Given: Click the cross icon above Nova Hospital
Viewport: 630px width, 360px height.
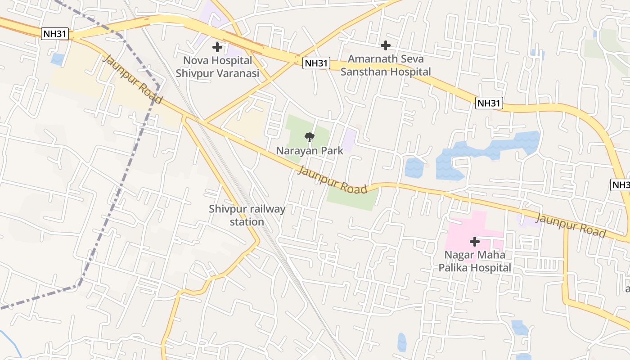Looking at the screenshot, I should (217, 47).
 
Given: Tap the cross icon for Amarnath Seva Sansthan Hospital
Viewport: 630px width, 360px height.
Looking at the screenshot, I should (385, 45).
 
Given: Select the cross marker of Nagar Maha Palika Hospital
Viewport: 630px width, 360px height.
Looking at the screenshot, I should (475, 242).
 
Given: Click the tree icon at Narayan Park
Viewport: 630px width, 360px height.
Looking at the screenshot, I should (309, 137).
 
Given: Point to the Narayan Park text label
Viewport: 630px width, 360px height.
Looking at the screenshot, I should (309, 151).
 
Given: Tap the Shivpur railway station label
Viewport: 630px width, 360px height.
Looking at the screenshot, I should (247, 215).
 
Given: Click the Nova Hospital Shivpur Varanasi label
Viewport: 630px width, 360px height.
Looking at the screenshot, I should (217, 67).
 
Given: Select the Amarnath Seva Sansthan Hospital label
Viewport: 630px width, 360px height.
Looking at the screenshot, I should (385, 65).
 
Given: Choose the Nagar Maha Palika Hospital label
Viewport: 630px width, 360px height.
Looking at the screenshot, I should (475, 261).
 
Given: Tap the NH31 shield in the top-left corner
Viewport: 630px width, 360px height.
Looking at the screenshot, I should (55, 34).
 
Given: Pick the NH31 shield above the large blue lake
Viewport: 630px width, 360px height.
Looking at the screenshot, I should (489, 103).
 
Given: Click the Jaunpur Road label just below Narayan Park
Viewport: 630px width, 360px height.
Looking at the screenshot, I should (332, 180).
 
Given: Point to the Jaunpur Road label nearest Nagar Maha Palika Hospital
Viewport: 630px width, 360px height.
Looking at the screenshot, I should (571, 225).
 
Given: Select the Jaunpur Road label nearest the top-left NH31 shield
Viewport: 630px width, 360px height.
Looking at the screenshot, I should (132, 79).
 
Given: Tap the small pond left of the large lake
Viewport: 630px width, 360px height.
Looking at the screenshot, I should (414, 168).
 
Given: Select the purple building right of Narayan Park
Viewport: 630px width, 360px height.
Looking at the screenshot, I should (348, 139).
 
